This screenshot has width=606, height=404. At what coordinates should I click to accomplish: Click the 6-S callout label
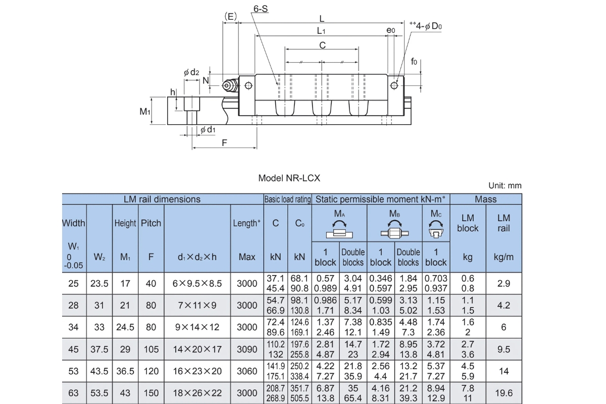pyautogui.click(x=261, y=9)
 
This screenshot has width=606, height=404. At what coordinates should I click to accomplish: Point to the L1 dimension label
pyautogui.click(x=321, y=31)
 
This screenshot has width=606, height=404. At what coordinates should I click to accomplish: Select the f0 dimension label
pyautogui.click(x=414, y=62)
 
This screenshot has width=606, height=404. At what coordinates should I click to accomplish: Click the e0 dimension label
pyautogui.click(x=391, y=31)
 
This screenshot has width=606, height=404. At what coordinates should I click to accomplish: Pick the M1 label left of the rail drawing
pyautogui.click(x=145, y=111)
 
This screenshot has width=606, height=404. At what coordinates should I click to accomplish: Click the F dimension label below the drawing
pyautogui.click(x=225, y=142)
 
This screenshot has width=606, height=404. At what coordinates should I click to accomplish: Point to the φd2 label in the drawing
pyautogui.click(x=191, y=73)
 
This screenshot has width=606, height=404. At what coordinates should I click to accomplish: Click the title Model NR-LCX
pyautogui.click(x=289, y=178)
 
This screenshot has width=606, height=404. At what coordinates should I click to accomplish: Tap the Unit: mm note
pyautogui.click(x=504, y=186)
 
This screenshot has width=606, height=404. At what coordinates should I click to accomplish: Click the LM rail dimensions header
pyautogui.click(x=162, y=199)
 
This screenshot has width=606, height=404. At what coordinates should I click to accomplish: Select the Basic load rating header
pyautogui.click(x=288, y=199)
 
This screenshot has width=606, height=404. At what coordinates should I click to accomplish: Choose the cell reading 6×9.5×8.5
pyautogui.click(x=197, y=284)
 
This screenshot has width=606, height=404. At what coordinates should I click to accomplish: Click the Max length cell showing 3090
pyautogui.click(x=247, y=349)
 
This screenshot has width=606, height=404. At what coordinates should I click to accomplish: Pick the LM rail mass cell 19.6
pyautogui.click(x=503, y=393)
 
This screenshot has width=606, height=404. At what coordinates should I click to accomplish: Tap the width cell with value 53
pyautogui.click(x=74, y=371)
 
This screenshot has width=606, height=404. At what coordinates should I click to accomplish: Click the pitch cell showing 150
pyautogui.click(x=151, y=393)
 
